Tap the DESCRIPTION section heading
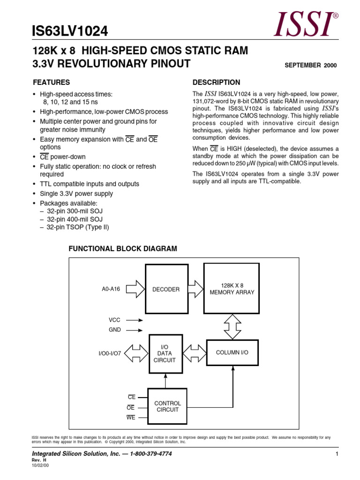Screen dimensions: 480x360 coord(216,82)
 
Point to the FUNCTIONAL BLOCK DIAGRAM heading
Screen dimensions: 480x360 coord(123,249)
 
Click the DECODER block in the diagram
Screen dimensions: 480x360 coord(166,289)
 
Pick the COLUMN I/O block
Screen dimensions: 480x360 coord(232,352)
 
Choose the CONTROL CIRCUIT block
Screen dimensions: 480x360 coord(167,406)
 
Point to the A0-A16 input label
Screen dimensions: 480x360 coord(111,289)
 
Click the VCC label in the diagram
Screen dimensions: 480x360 coord(115,320)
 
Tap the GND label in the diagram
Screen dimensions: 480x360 coord(115,330)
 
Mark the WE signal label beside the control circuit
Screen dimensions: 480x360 coord(131,417)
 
